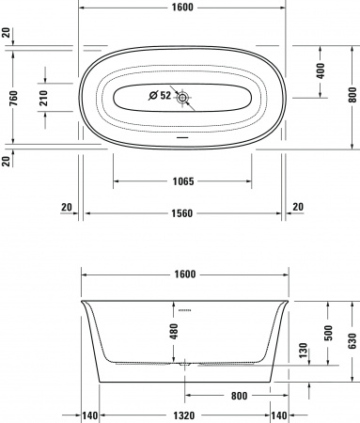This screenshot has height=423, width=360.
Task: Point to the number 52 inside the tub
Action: click(165, 94)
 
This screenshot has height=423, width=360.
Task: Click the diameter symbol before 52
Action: click(153, 94)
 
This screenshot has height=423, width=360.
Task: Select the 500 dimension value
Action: click(328, 335)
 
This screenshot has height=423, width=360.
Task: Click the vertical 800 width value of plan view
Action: click(352, 94)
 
